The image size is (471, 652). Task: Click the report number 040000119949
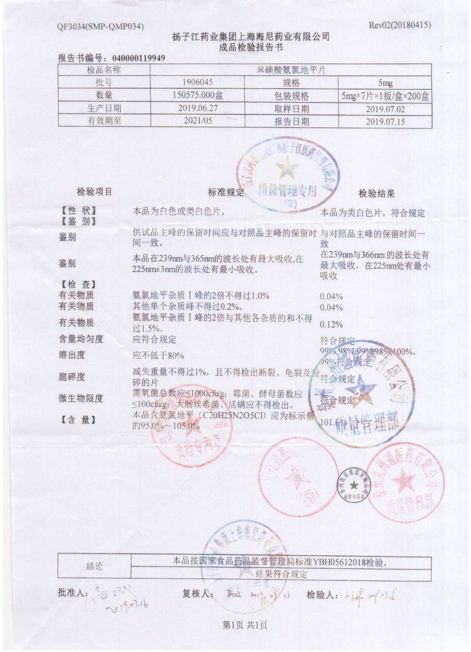click(x=139, y=58)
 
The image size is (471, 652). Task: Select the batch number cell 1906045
click(x=197, y=82)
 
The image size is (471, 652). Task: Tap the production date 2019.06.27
click(x=198, y=108)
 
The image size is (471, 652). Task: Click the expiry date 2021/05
click(x=198, y=121)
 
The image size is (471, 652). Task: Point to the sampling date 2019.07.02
click(x=385, y=109)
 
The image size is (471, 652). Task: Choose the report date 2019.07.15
click(x=385, y=121)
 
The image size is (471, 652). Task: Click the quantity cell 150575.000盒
click(x=197, y=95)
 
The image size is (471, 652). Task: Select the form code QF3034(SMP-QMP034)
click(x=100, y=27)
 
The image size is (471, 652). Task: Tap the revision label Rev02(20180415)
click(x=400, y=25)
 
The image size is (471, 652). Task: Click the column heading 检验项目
click(x=94, y=192)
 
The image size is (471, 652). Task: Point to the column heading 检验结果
click(x=376, y=194)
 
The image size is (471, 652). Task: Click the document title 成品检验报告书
click(x=251, y=47)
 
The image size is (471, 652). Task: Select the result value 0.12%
click(x=331, y=324)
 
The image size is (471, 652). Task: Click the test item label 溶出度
click(x=72, y=355)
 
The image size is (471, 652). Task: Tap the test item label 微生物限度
click(x=81, y=398)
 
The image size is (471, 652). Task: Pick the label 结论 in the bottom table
click(x=94, y=566)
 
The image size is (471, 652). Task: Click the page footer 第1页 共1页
click(x=245, y=625)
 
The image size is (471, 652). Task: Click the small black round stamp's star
click(x=353, y=485)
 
